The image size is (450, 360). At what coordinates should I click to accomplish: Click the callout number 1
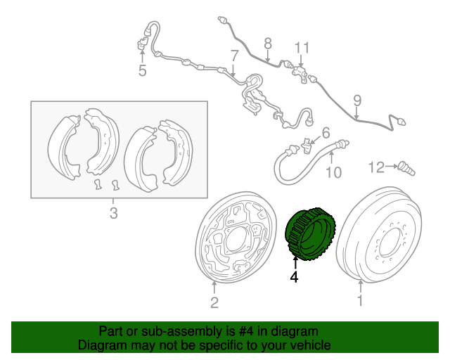tap(361, 302)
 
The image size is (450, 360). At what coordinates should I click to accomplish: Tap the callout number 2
tap(214, 303)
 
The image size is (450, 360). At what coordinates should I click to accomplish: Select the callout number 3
tap(114, 214)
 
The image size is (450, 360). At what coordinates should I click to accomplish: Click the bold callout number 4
tap(295, 278)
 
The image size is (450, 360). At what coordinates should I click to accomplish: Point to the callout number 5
tap(141, 70)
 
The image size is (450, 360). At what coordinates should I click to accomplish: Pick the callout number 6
tap(326, 133)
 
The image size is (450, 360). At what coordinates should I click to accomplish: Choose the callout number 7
tap(234, 55)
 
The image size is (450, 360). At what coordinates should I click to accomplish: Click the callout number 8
tap(267, 44)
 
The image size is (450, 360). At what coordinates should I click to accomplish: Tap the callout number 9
tap(356, 100)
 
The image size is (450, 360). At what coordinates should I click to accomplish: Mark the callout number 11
tap(302, 48)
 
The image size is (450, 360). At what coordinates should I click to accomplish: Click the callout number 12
tap(375, 167)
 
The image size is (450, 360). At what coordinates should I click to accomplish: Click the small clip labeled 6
tap(307, 146)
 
